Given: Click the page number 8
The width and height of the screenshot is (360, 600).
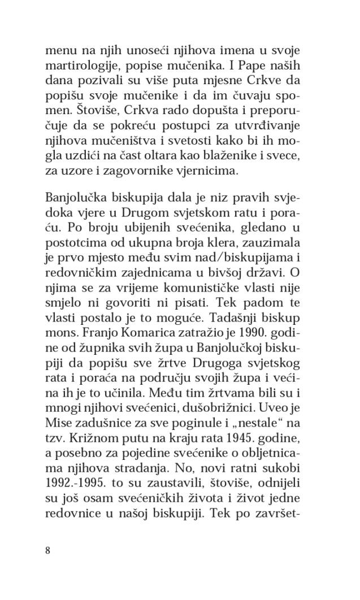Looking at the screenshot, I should (47, 551).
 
